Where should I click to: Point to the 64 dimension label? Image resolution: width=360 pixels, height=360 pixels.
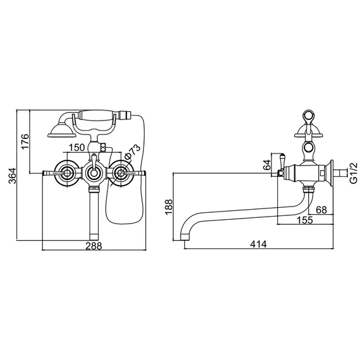(266, 166)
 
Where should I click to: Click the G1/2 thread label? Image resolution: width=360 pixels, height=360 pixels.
(353, 172)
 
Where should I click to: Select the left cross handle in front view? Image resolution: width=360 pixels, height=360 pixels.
(63, 172)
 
